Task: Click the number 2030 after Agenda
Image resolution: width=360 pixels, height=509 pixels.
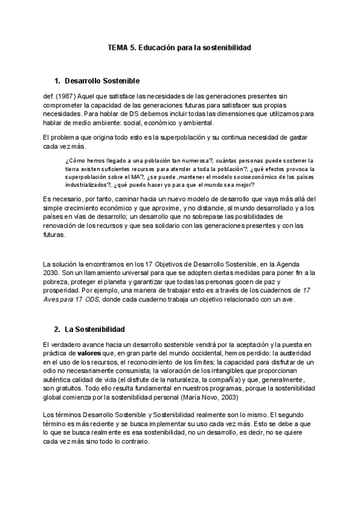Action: click(x=52, y=273)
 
